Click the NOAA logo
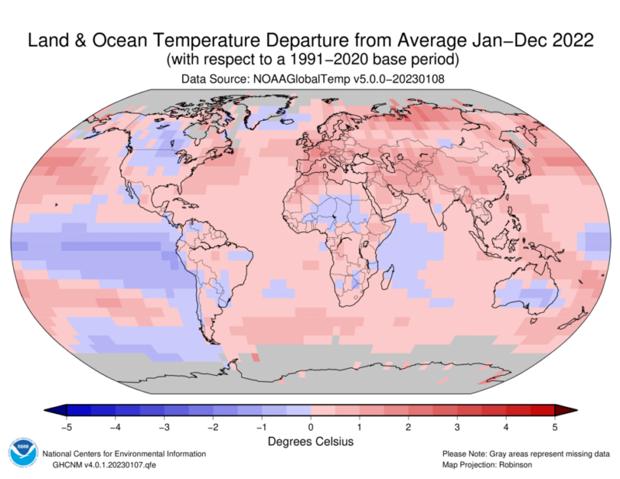click(x=22, y=453)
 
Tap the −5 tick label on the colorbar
click(x=65, y=426)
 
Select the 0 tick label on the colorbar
click(x=310, y=426)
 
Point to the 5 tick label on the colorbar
click(x=555, y=426)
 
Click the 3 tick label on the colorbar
click(x=457, y=426)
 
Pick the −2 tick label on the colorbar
click(x=212, y=426)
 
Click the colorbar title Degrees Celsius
click(x=310, y=441)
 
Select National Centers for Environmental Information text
click(x=124, y=453)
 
